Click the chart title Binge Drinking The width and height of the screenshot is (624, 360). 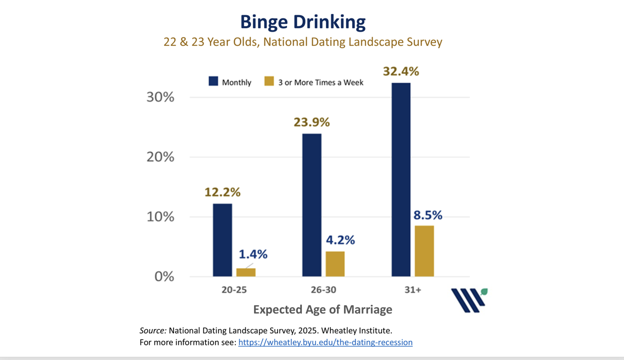(303, 22)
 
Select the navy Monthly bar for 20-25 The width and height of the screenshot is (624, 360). (222, 240)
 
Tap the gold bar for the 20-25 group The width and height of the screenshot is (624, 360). (246, 272)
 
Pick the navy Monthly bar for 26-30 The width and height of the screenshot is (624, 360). (311, 205)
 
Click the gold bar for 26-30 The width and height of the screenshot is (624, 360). (335, 264)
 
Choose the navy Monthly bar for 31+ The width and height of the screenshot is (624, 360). (401, 179)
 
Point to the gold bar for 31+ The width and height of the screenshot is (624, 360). (424, 251)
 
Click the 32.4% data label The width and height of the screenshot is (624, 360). (401, 71)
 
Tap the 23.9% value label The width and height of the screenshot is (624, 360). (311, 122)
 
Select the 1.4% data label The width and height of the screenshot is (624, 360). (253, 254)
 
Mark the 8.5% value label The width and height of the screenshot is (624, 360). (428, 215)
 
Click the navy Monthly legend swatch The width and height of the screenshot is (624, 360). (213, 81)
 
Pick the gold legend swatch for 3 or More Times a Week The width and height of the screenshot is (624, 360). (269, 81)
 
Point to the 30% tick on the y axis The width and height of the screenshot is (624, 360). (160, 97)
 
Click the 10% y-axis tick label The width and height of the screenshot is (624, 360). (160, 217)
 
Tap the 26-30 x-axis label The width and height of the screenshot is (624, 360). (323, 290)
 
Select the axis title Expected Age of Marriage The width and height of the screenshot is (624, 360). (323, 309)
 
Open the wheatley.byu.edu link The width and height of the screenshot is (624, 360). (325, 342)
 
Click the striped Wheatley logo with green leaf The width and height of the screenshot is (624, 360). (469, 300)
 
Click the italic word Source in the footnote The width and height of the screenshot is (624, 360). (153, 330)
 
